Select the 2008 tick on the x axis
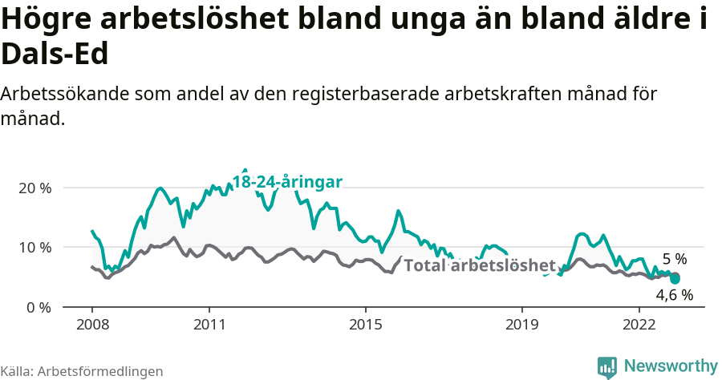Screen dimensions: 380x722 tap(91, 325)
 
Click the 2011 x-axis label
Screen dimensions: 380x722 tap(209, 325)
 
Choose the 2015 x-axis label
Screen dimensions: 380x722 tap(365, 325)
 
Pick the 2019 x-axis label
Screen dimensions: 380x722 tap(522, 325)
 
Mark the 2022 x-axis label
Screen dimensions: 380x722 tap(639, 325)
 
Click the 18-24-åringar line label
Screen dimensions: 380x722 tap(287, 182)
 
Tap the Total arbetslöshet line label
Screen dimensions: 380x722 tap(479, 265)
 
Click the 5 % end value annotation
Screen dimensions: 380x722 tap(675, 259)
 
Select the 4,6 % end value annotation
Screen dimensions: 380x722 tap(675, 294)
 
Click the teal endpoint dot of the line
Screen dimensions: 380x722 tap(675, 278)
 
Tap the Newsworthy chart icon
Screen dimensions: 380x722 tap(607, 366)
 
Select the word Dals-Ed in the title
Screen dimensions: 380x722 tap(55, 55)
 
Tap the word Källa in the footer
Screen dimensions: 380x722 tap(16, 371)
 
